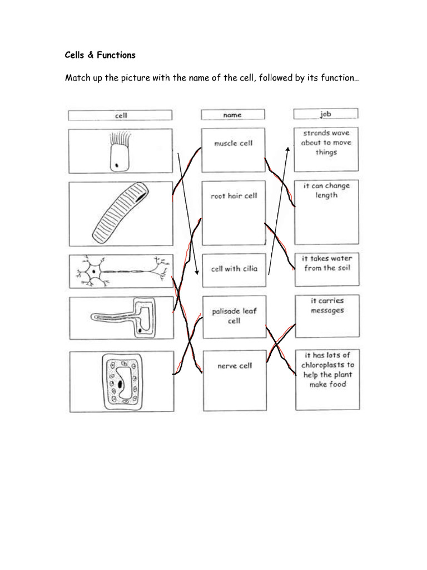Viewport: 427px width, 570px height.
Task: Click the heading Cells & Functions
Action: pyautogui.click(x=100, y=55)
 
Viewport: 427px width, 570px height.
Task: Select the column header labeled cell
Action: pyautogui.click(x=120, y=115)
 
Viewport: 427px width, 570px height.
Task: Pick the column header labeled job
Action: pyautogui.click(x=326, y=114)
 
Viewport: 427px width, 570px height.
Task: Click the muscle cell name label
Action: pyautogui.click(x=233, y=143)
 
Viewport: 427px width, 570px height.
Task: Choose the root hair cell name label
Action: pyautogui.click(x=234, y=196)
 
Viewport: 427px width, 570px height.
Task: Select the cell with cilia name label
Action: pyautogui.click(x=234, y=269)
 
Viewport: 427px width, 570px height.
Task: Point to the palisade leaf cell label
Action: pyautogui.click(x=234, y=316)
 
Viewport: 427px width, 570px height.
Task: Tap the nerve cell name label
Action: pyautogui.click(x=234, y=366)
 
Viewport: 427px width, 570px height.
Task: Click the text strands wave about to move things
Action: pyautogui.click(x=326, y=142)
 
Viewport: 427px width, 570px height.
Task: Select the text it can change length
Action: pyautogui.click(x=326, y=191)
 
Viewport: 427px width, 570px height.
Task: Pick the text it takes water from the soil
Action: pyautogui.click(x=327, y=263)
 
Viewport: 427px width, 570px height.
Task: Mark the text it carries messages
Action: pyautogui.click(x=327, y=306)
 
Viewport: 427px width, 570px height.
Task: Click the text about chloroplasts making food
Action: pyautogui.click(x=327, y=370)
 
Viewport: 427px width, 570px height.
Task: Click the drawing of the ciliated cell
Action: pyautogui.click(x=118, y=151)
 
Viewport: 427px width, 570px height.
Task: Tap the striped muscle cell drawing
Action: pyautogui.click(x=120, y=213)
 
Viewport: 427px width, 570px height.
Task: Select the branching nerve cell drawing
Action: pyautogui.click(x=120, y=272)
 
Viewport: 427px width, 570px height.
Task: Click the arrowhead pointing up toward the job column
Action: pyautogui.click(x=288, y=149)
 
